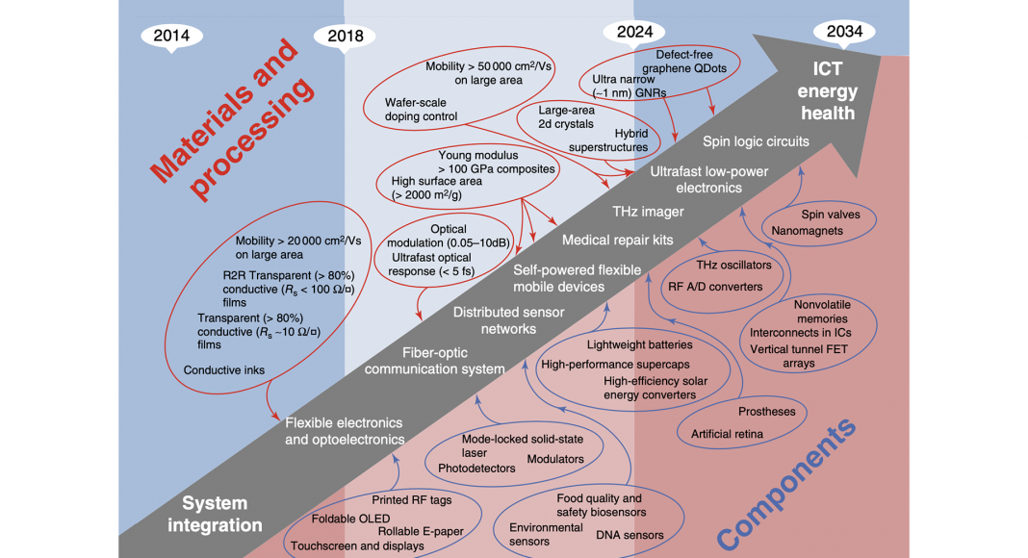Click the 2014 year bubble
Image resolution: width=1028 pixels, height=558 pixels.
tap(172, 36)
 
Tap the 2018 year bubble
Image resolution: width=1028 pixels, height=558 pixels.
tap(345, 36)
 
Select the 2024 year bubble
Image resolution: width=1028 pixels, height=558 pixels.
tap(634, 31)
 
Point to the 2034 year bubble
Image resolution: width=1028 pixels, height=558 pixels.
tap(843, 31)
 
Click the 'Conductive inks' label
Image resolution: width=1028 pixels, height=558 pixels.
tap(223, 369)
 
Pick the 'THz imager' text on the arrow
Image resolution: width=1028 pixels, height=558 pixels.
tap(648, 212)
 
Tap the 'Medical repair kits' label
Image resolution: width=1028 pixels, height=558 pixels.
tap(617, 240)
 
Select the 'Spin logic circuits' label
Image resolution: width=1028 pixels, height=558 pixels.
tap(755, 141)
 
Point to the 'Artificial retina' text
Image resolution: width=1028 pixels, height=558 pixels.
tap(727, 434)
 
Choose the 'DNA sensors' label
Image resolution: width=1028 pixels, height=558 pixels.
tap(630, 535)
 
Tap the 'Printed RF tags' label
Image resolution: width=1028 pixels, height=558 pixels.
tap(411, 500)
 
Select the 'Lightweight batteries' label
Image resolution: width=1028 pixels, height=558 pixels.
tap(639, 344)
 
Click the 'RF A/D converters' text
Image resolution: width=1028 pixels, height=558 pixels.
tap(714, 286)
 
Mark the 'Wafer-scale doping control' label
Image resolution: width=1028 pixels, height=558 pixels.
tap(421, 109)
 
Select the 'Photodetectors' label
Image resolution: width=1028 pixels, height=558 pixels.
tap(476, 469)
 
